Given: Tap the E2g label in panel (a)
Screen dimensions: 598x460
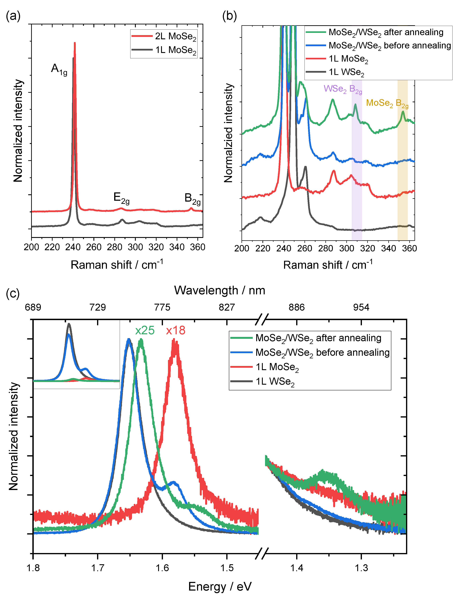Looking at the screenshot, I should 121,198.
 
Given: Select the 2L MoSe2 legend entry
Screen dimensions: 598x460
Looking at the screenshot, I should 175,36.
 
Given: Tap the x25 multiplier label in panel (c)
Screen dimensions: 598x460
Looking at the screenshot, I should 145,330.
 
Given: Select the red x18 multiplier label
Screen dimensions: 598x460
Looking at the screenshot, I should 176,330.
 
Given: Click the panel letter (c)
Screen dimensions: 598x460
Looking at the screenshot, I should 13,293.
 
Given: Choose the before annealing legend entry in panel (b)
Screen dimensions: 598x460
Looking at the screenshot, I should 389,46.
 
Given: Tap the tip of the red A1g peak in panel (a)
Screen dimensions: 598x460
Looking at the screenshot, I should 75,43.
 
